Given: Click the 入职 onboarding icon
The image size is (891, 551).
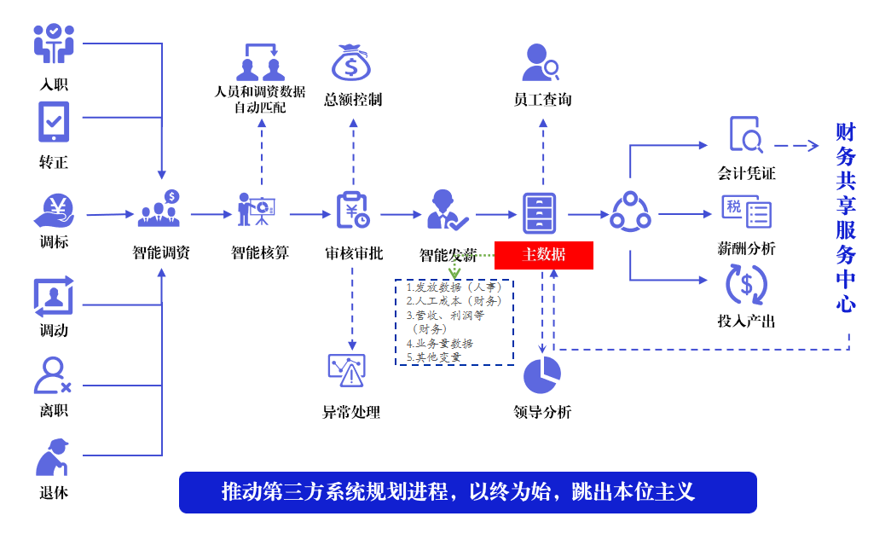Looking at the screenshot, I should click(54, 43).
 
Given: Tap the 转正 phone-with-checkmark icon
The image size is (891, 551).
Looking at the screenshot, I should click(54, 121).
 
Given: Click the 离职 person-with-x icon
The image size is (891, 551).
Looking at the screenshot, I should click(53, 375).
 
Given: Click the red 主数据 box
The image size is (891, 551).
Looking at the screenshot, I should click(543, 255).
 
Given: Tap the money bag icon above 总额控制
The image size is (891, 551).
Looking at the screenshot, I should click(352, 62).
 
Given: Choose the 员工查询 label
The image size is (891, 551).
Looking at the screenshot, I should click(542, 100).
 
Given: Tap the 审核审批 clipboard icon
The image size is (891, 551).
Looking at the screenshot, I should click(352, 210).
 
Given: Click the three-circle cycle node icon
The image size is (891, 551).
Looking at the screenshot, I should click(630, 212).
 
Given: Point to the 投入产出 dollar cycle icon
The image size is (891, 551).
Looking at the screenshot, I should click(746, 286).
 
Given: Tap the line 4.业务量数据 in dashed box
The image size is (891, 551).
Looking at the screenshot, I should click(440, 343).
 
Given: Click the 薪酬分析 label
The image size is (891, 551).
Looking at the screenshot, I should click(746, 248).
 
